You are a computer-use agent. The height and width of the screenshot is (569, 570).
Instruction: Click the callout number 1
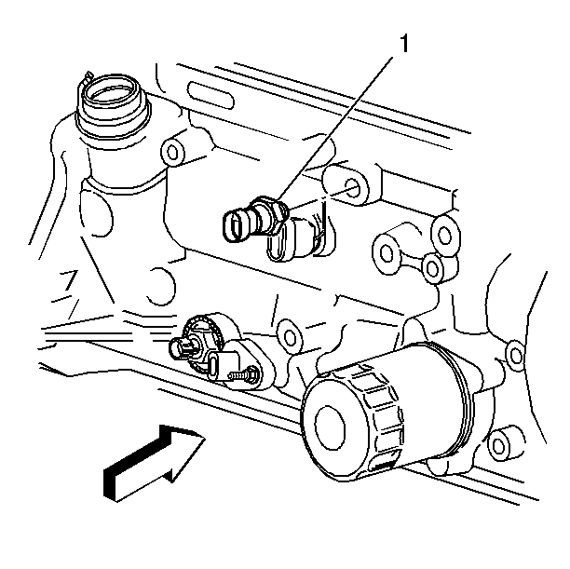pos(404,44)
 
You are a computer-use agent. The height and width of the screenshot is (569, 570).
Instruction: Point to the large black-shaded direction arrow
pos(153,463)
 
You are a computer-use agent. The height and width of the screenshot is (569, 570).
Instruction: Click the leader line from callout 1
pos(335,129)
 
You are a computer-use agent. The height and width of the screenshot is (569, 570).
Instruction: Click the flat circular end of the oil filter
pos(330,425)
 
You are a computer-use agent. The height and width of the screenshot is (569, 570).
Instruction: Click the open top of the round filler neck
pos(112,92)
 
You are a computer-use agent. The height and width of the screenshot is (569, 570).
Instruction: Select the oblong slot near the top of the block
pos(210,95)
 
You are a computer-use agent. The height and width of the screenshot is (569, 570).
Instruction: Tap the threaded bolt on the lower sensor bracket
pos(244,375)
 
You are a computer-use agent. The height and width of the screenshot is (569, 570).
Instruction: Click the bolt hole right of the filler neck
pos(173,153)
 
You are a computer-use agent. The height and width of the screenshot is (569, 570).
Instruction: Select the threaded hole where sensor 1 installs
pos(352,187)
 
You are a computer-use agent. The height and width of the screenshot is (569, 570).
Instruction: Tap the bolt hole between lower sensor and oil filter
pos(290,338)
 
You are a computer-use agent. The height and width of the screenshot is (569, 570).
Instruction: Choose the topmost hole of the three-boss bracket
pos(444,236)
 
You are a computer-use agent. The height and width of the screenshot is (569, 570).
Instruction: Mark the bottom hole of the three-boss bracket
pos(432,269)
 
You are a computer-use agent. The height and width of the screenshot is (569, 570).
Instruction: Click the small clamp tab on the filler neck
pos(88,77)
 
